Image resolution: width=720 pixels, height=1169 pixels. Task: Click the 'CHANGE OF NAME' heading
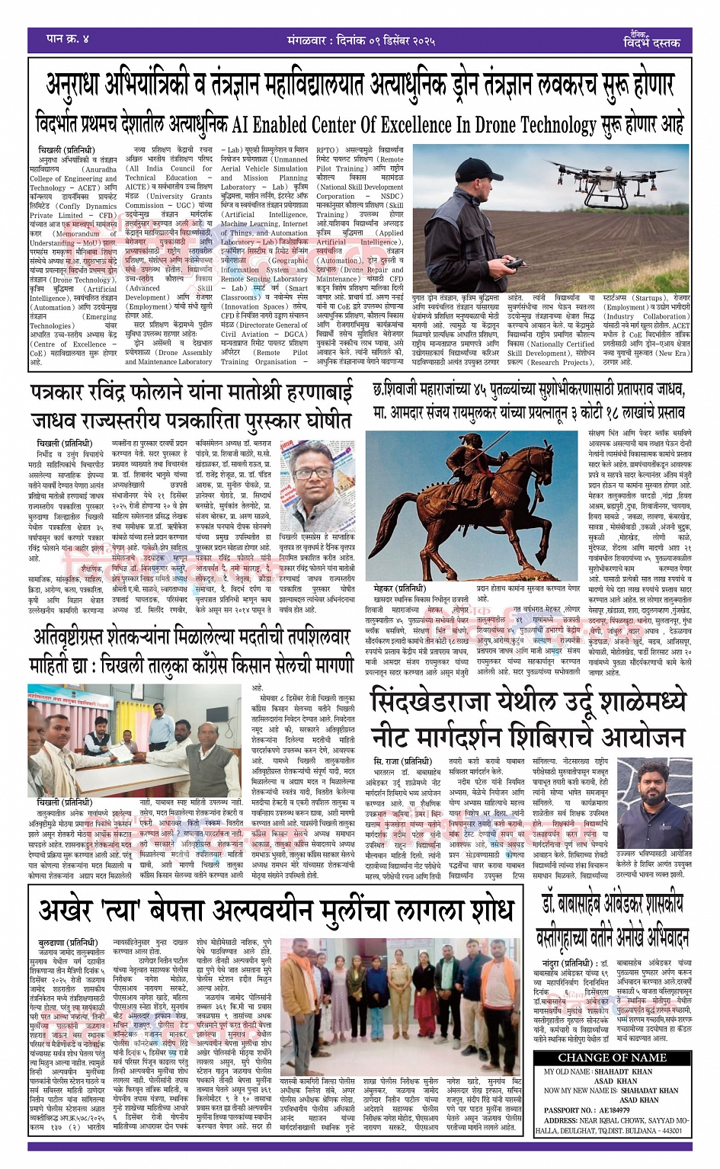pos(612,1057)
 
